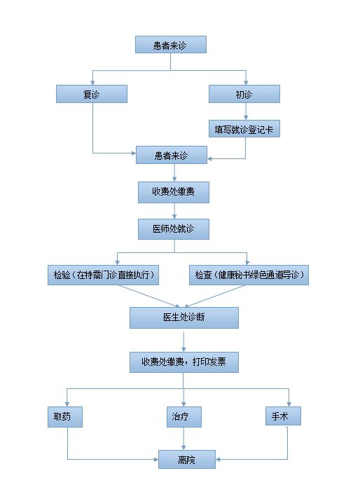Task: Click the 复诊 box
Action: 92,94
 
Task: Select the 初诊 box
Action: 244,94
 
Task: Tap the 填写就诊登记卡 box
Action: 244,129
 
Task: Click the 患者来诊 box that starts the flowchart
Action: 171,45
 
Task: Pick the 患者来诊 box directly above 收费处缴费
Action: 171,155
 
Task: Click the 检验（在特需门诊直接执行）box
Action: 103,275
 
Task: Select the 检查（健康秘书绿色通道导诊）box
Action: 249,275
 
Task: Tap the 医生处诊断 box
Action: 184,317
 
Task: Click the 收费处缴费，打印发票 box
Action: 184,362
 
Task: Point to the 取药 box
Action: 65,417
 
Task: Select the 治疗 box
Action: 184,417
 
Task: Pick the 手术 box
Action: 283,416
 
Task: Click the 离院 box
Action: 187,459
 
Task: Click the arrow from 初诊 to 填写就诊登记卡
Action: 246,111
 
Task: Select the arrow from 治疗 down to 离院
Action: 184,439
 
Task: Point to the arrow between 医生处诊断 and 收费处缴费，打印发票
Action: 184,342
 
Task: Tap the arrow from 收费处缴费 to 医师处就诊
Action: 174,211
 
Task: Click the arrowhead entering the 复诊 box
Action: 92,83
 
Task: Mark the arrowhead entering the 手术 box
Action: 289,404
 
